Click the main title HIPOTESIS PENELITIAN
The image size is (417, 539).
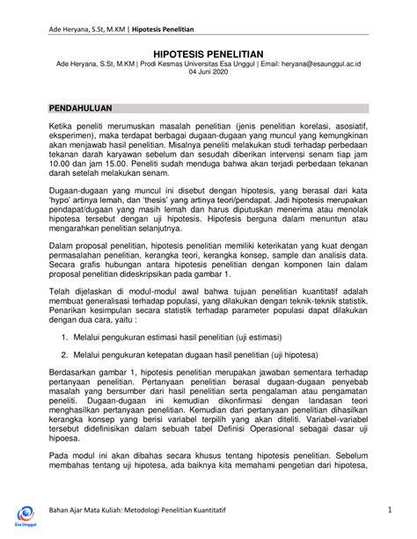click(208, 54)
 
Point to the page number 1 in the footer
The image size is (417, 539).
click(387, 511)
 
